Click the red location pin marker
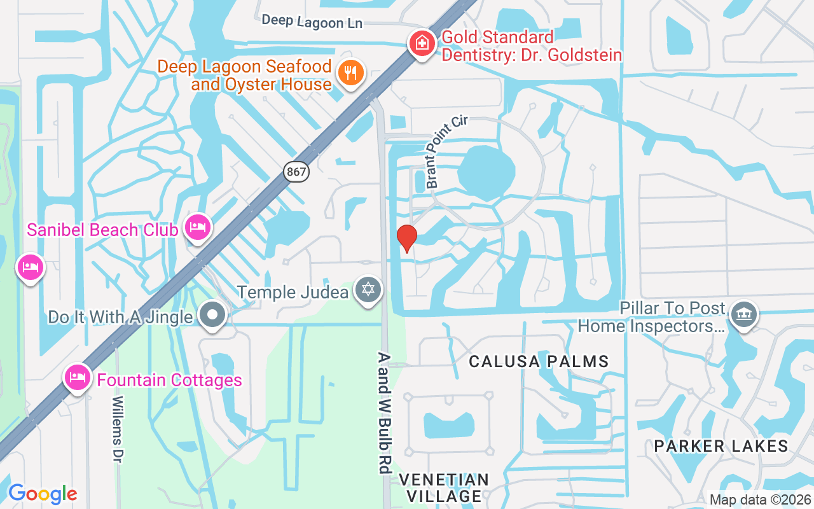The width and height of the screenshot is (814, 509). pos(407,238)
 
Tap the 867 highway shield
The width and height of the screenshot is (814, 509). pos(296,171)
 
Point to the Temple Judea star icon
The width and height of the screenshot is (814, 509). pos(368,290)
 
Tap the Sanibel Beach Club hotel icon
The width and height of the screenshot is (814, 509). pos(198,227)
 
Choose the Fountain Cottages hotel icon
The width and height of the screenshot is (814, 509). pos(77,377)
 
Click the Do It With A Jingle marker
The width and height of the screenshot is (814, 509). pos(212,314)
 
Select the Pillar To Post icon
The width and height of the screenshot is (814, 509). pos(742,314)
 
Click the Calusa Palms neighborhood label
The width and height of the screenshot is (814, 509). pos(539,361)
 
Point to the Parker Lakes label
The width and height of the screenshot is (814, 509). pos(721,446)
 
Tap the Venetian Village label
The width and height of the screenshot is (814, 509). pos(444,487)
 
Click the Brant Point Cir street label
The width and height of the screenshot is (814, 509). pos(446,151)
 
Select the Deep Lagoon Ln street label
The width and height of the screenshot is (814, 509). pos(312,21)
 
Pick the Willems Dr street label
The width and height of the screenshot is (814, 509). pos(117,429)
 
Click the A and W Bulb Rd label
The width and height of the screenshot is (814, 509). pos(383,414)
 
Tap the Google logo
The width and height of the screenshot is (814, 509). pos(43,494)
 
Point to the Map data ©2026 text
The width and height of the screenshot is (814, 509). pos(761,499)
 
